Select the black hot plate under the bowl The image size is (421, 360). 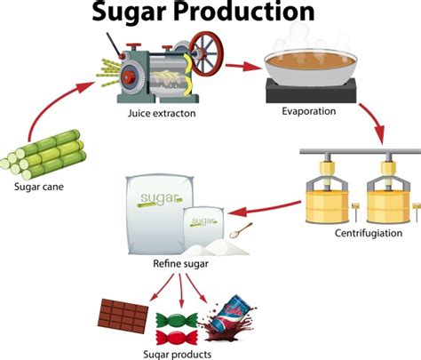(x=310, y=90)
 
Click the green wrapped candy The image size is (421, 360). (x=172, y=318)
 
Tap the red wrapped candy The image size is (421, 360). (x=175, y=335)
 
